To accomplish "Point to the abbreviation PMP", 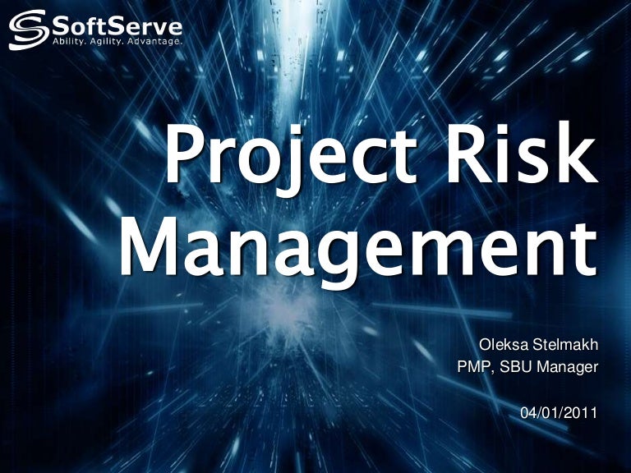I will click(474, 368).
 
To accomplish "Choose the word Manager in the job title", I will click(567, 368).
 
